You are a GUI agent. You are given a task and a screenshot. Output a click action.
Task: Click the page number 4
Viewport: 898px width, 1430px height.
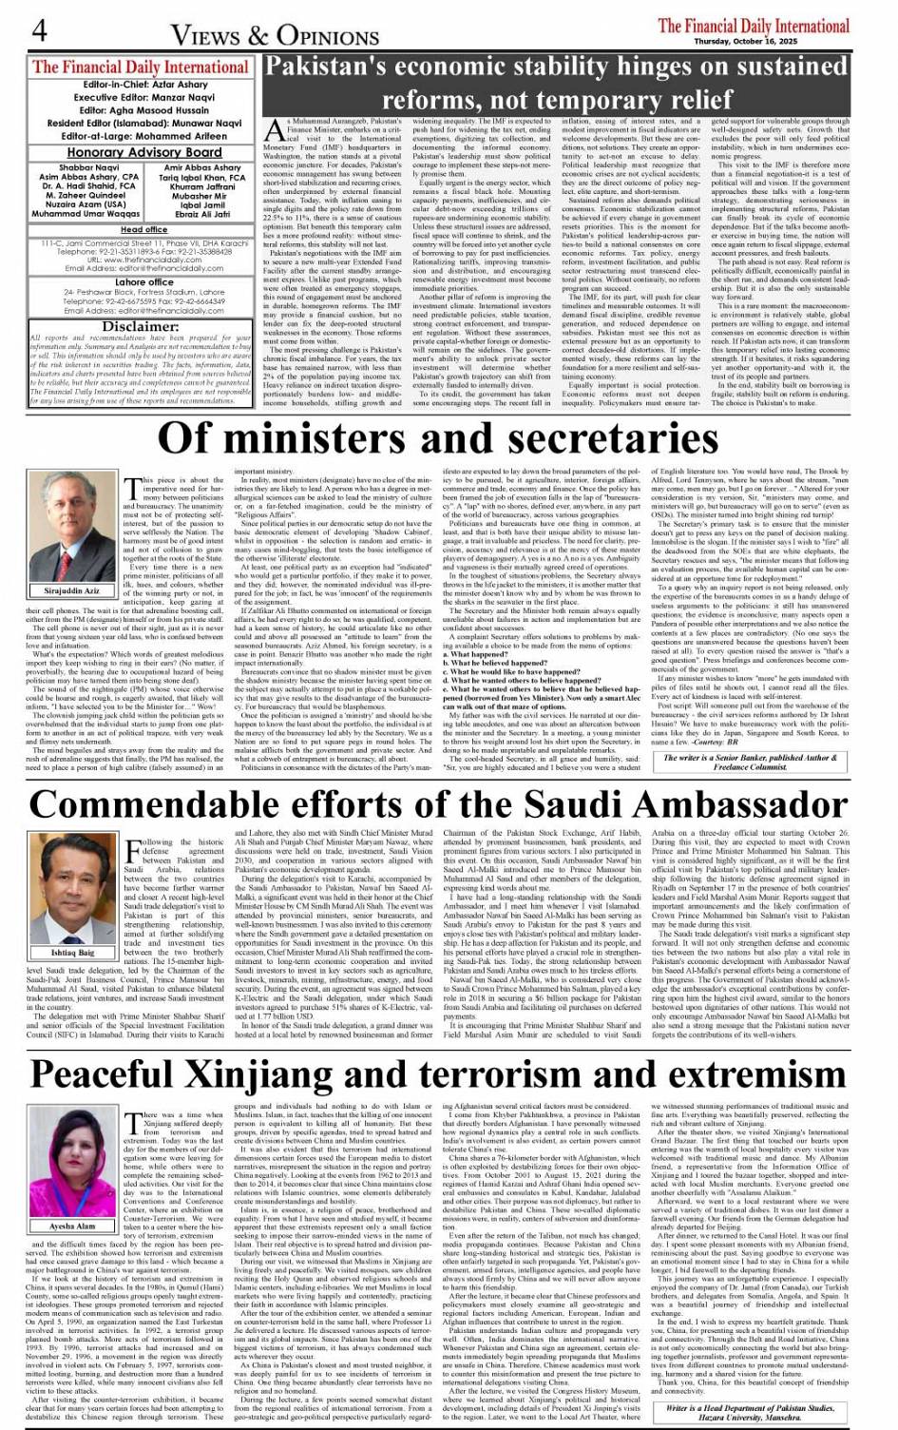[39, 31]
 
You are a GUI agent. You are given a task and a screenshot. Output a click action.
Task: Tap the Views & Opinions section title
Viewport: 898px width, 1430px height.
[275, 36]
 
